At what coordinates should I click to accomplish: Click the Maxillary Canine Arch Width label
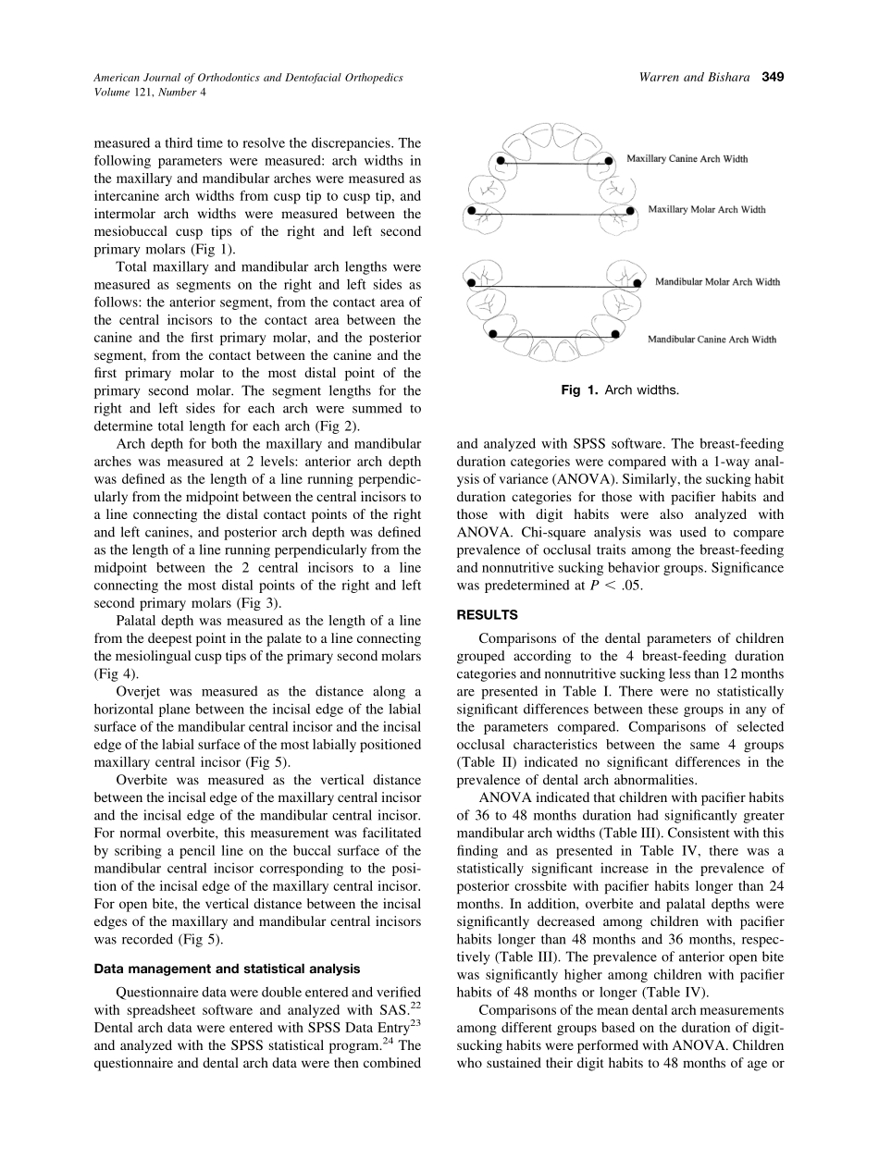687,159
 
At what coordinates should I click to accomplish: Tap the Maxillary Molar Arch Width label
707,210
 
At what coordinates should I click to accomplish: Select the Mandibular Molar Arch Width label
717,281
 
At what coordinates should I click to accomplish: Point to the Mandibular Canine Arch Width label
712,340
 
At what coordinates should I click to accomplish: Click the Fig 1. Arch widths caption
620,390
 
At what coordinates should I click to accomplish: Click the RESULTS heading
488,614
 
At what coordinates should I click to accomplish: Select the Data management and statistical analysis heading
228,969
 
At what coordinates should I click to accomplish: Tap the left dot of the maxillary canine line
501,160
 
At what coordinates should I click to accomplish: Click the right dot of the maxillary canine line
608,160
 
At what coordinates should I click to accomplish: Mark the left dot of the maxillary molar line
472,211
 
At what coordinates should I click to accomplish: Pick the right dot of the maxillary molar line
630,211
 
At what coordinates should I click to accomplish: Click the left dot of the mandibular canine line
492,333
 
